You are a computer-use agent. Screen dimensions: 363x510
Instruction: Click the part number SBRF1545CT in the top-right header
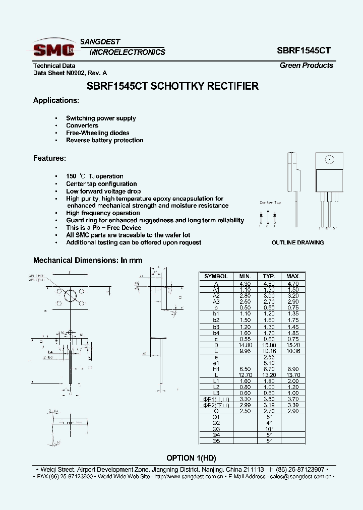tap(304, 51)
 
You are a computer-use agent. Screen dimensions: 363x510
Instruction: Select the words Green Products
tap(306, 66)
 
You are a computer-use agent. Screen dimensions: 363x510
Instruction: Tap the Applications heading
tap(56, 100)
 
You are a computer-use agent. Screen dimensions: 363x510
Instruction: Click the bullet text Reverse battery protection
tap(105, 140)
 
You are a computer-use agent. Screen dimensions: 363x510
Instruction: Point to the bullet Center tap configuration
tap(101, 184)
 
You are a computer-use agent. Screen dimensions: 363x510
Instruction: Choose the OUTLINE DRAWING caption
tap(297, 242)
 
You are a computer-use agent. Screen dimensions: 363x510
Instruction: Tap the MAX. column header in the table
tap(293, 276)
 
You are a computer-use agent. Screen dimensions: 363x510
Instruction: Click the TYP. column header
tap(269, 276)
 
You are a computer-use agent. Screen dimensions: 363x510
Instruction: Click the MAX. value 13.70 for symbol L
tap(293, 375)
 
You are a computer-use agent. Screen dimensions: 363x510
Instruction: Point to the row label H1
tap(216, 369)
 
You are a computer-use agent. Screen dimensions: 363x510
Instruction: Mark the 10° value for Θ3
tap(269, 429)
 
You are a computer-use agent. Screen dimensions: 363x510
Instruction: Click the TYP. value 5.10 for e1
tap(269, 363)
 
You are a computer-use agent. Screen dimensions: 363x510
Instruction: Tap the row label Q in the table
tap(216, 411)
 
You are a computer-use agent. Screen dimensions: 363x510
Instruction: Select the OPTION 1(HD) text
tap(189, 458)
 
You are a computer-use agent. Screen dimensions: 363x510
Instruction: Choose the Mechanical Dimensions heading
tap(88, 261)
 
